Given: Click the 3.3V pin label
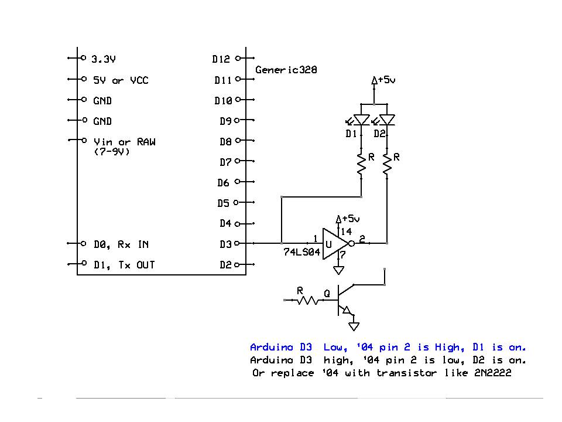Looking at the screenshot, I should (x=104, y=59).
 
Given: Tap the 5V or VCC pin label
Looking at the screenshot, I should (x=121, y=80).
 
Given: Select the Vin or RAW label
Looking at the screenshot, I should (x=124, y=142).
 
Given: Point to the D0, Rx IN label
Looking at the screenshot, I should (x=121, y=244).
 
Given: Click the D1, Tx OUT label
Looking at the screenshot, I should (x=124, y=265).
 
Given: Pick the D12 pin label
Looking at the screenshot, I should (x=221, y=59).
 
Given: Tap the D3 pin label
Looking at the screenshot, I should (x=225, y=244).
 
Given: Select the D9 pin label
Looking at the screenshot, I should (x=225, y=121).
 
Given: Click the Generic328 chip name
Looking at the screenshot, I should (x=286, y=70).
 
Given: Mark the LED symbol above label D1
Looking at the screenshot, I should (x=362, y=120).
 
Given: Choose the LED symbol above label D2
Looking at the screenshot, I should (x=387, y=120).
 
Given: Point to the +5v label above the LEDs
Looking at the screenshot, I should (x=386, y=80).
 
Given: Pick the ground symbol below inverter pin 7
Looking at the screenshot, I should (x=338, y=270).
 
